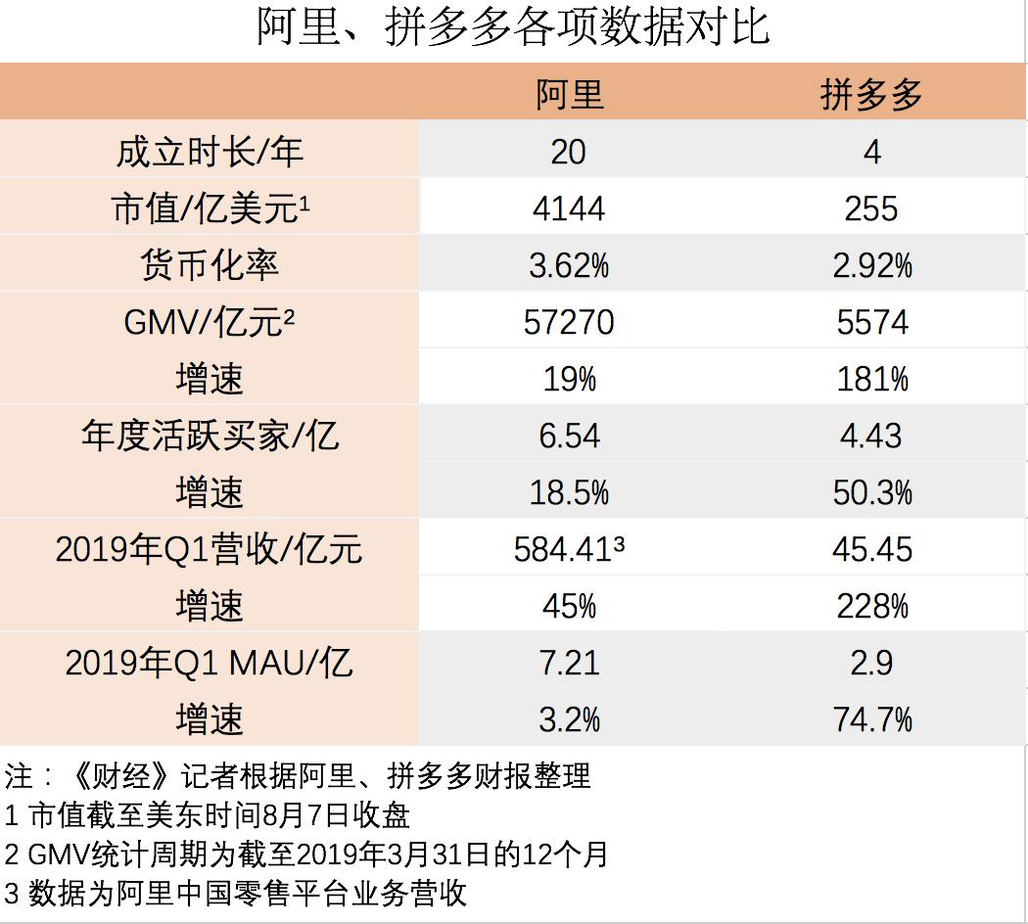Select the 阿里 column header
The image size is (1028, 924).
[x=569, y=94]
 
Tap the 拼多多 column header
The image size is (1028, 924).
[x=871, y=94]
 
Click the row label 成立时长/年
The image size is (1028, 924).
[x=210, y=151]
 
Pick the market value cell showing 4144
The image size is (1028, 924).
[x=569, y=208]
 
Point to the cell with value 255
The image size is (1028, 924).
[x=871, y=208]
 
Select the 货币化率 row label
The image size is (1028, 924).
[x=210, y=265]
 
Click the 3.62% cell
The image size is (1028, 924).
[x=569, y=265]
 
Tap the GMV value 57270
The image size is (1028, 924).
[x=569, y=322]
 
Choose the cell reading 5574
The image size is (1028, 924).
[x=871, y=322]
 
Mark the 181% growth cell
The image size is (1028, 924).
[x=871, y=379]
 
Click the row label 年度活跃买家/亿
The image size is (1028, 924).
[x=210, y=436]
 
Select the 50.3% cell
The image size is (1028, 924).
[x=871, y=492]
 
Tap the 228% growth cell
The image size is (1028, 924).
[x=871, y=606]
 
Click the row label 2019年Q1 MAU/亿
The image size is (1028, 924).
[x=210, y=664]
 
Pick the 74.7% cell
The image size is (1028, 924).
[x=871, y=720]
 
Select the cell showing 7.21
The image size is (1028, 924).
[x=569, y=664]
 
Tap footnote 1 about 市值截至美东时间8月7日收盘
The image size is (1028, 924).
[x=207, y=814]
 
